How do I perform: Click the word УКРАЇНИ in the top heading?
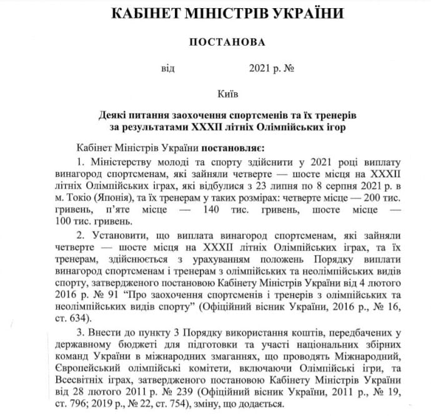click(x=300, y=13)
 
